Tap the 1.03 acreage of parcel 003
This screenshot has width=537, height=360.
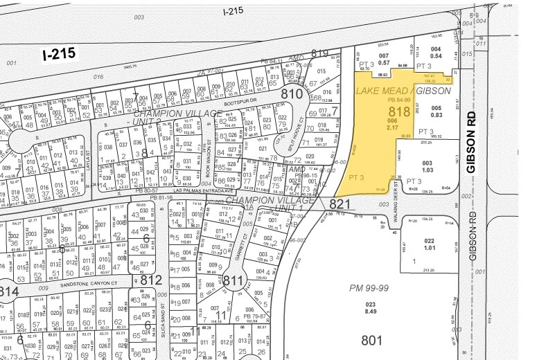[428, 169]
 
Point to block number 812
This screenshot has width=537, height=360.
[152, 280]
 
